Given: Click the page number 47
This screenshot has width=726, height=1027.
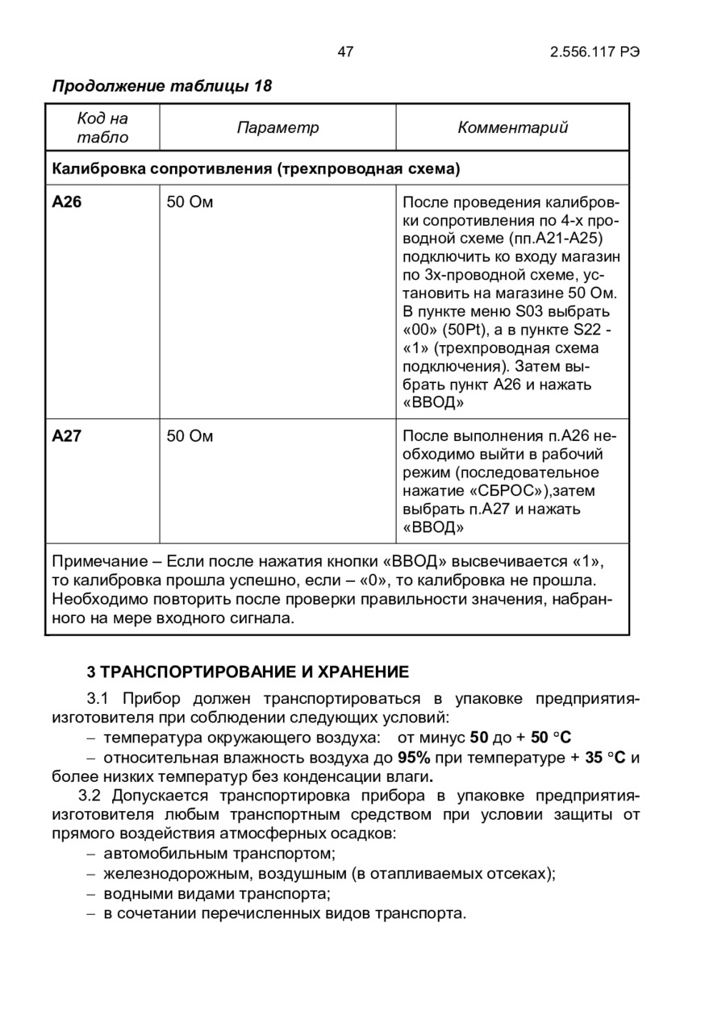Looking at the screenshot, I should pos(345,52).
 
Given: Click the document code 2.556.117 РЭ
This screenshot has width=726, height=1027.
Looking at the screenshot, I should pos(595,52).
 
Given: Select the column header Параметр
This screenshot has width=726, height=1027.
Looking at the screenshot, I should pos(277,127).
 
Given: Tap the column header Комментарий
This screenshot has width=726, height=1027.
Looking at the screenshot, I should pos(513,127).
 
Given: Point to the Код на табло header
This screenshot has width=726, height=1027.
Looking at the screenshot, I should pos(102,127).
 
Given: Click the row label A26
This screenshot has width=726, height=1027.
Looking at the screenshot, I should pos(67,202).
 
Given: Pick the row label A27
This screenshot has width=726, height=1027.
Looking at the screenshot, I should pos(67,437).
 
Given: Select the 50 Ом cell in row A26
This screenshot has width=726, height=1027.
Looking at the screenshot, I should pos(190,202).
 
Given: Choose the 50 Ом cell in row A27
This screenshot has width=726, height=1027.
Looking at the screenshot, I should pos(190,437).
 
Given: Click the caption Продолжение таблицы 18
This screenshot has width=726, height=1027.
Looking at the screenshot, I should pos(162,85).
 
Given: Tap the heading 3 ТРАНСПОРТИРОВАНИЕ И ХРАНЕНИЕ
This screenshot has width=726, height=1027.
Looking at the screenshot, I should pos(248,671).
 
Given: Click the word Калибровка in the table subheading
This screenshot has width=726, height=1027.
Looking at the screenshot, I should pos(99,169).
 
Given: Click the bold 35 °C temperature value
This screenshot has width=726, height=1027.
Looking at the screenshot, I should pos(606,758).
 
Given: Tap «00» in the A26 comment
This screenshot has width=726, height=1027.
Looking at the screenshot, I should pos(418,330).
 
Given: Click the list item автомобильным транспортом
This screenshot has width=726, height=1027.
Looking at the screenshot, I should pos(219,853).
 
